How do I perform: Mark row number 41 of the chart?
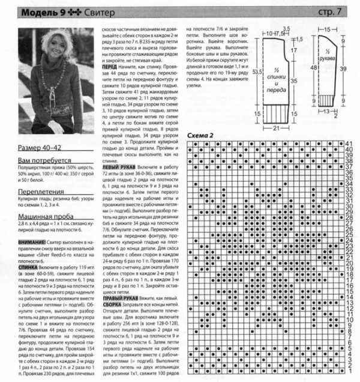[348, 144]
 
